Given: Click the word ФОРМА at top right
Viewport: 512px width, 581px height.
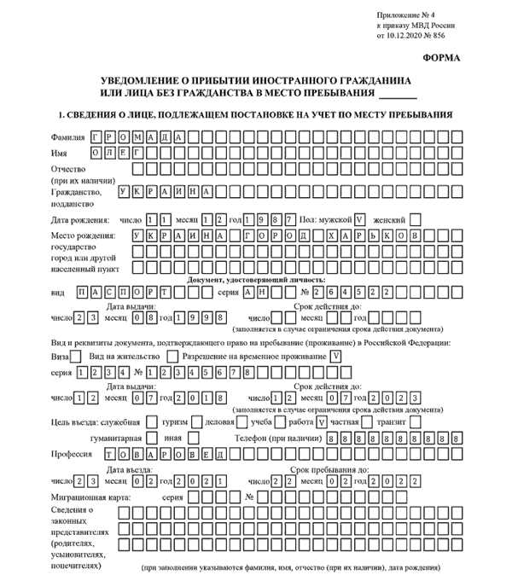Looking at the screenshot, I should pos(440,58).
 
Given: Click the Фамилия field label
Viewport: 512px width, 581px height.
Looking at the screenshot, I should pos(69,137).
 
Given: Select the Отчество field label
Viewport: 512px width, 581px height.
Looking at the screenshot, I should pos(70,170).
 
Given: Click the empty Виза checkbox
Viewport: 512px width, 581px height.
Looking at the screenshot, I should pos(77,356).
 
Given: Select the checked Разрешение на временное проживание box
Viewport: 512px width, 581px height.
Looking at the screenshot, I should pos(337,356).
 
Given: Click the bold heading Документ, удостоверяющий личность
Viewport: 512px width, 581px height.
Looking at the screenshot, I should pos(256,279).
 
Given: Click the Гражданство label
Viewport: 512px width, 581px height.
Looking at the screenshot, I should pos(77,192).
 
